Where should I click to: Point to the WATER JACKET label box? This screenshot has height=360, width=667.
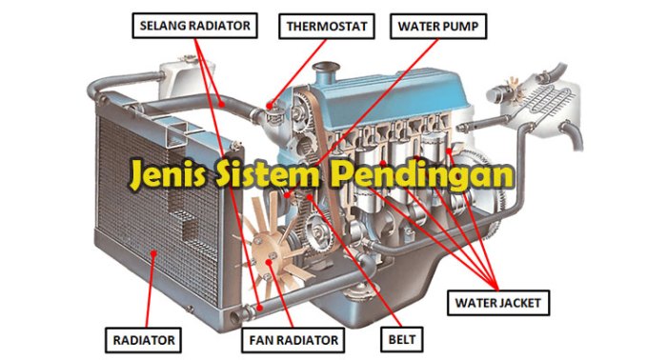click(x=496, y=305)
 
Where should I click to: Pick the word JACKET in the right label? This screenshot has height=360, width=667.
click(x=517, y=305)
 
